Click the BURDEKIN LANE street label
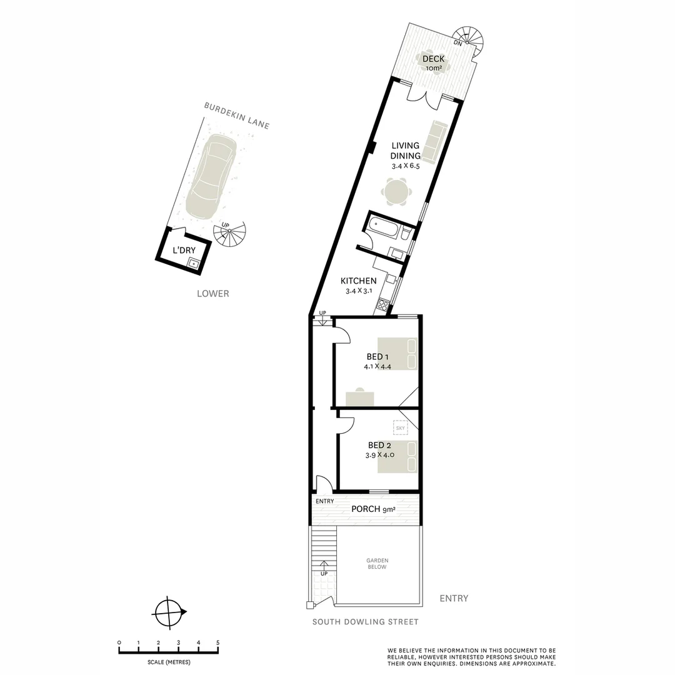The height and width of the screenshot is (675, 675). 237,116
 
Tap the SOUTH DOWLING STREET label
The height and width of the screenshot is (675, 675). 366,622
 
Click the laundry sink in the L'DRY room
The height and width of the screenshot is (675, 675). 194,263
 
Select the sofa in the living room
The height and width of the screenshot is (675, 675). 432,140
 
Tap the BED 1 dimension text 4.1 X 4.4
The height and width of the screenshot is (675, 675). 377,367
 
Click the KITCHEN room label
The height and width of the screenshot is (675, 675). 358,281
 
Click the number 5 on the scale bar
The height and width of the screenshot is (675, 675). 217,642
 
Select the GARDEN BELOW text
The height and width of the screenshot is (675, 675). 377,564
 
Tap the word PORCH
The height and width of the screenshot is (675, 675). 366,509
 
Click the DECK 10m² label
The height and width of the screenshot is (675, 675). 434,62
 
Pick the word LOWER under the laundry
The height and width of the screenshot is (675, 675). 212,293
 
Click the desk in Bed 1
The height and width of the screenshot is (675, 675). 359,397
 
